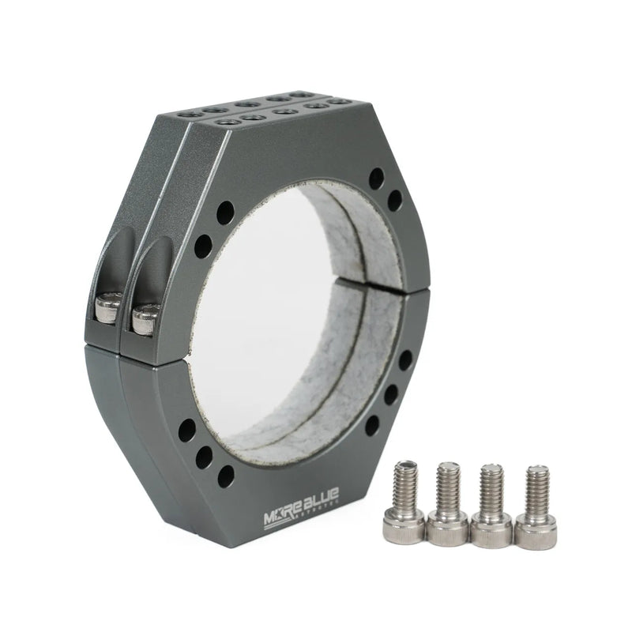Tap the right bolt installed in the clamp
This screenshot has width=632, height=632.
pos(145,318)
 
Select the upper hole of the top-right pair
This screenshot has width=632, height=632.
pos(377,178)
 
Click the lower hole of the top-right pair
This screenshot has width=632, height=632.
pos(394,201)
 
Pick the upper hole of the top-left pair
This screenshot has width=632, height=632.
pos(225,212)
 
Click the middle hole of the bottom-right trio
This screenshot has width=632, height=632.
pos(390,395)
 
